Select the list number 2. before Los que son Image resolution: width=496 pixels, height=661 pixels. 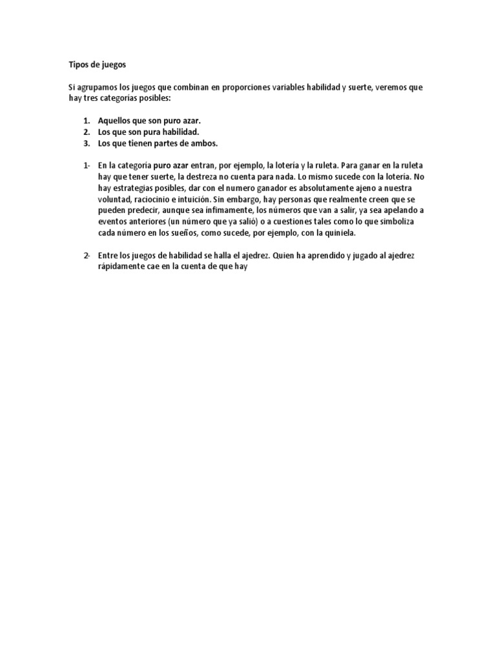(87, 132)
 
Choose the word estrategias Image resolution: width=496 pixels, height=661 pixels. (132, 188)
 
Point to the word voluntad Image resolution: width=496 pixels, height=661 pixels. (114, 199)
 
